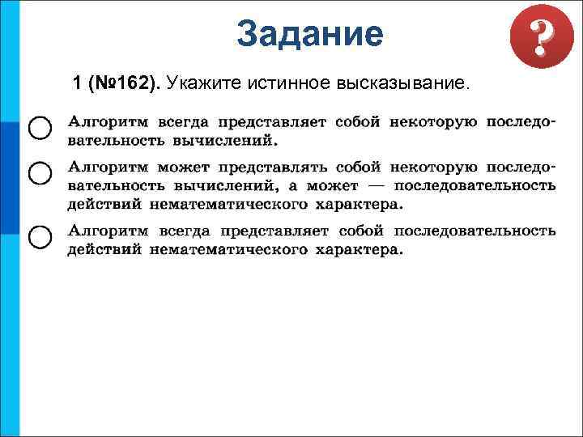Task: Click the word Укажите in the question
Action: pos(202,83)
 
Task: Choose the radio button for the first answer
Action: pos(39,128)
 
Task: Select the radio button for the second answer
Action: pos(39,172)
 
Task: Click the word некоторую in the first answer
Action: pos(434,122)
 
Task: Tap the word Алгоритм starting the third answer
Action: pos(106,231)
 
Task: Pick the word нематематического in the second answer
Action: pos(226,203)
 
